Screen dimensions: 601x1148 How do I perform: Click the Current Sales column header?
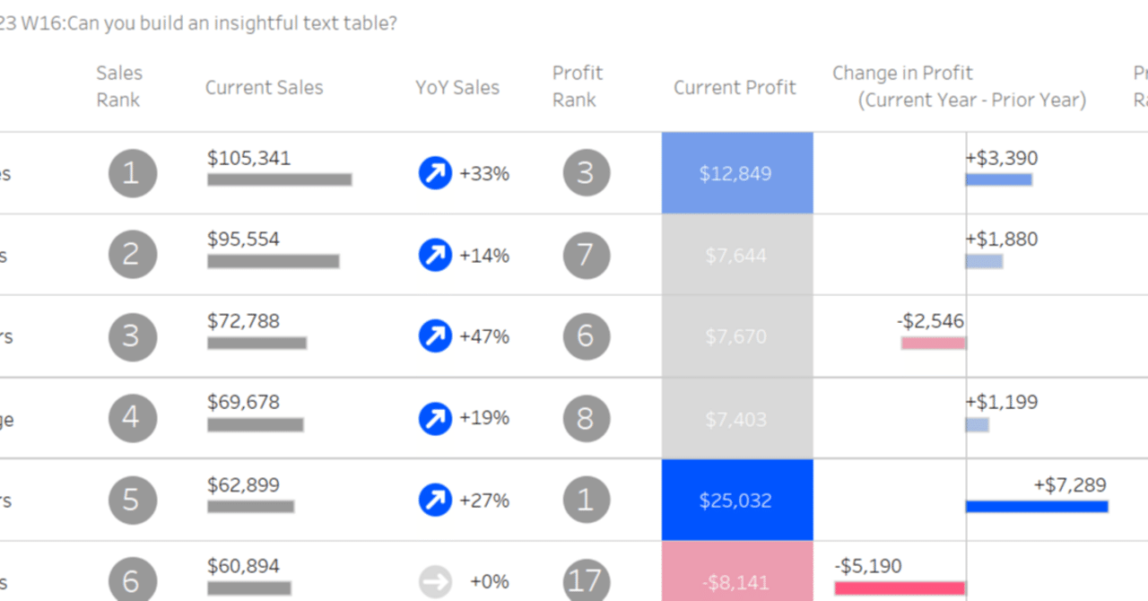(x=264, y=87)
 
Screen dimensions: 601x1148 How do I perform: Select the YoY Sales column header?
(x=457, y=87)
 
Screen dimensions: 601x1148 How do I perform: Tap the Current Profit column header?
(x=735, y=87)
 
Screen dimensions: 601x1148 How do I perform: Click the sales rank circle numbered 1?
(x=133, y=173)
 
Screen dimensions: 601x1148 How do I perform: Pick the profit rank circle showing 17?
(x=586, y=580)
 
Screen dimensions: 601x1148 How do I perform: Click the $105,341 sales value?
(x=248, y=158)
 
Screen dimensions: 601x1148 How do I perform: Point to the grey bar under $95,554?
(x=273, y=261)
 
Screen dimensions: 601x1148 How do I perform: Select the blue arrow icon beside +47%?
(x=435, y=336)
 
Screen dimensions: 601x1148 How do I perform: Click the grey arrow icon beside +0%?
(x=435, y=581)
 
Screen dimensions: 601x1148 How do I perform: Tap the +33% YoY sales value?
(x=484, y=173)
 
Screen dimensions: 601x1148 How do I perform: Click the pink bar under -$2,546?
(x=933, y=343)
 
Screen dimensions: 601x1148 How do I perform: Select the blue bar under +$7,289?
(x=1037, y=507)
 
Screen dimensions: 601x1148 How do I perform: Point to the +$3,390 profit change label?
(x=1001, y=158)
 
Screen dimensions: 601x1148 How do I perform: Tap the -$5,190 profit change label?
(x=867, y=566)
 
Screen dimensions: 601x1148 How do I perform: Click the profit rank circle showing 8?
(x=586, y=418)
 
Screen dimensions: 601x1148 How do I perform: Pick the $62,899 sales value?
(x=243, y=484)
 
